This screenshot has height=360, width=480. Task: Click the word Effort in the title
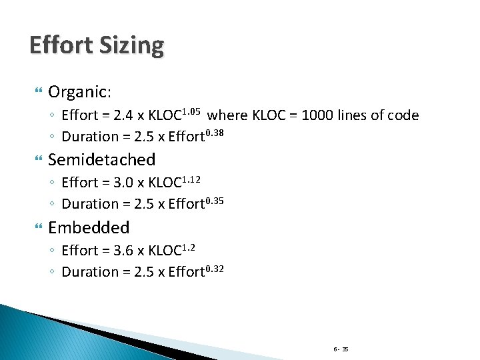(x=63, y=45)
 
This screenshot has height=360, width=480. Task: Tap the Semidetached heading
(x=101, y=159)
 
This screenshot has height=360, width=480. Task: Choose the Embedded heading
(x=89, y=227)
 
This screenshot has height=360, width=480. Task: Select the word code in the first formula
(x=403, y=115)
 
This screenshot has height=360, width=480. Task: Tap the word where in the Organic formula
(x=228, y=115)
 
